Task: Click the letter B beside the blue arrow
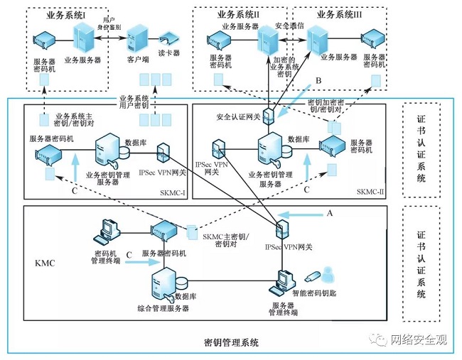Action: pos(319,80)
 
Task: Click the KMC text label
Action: pos(44,262)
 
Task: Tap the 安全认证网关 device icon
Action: pos(269,114)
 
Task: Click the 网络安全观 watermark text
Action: pos(419,339)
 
